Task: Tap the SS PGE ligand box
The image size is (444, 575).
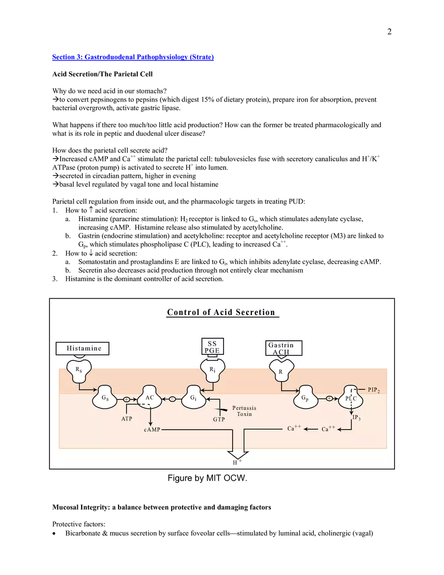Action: (x=212, y=347)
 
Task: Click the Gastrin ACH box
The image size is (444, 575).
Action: (x=284, y=348)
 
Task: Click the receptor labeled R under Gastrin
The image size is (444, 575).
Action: (x=281, y=372)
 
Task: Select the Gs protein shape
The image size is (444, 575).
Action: (x=105, y=398)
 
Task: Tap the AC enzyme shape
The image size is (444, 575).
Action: (x=150, y=398)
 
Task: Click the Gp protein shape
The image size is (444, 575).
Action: (x=306, y=398)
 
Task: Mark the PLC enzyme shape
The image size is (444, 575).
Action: (x=351, y=398)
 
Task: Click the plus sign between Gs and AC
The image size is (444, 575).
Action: (x=127, y=399)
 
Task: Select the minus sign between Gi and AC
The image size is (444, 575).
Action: (x=172, y=399)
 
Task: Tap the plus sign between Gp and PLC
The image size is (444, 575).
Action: (x=329, y=398)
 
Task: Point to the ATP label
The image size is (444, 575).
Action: (x=127, y=419)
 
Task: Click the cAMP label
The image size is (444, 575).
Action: (x=152, y=430)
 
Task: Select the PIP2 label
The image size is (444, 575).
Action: (x=374, y=390)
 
